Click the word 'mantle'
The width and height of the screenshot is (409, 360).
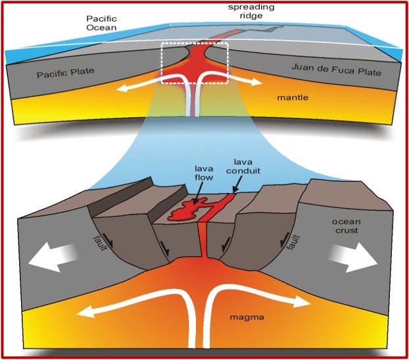(293, 98)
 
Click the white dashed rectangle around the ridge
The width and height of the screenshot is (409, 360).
(195, 43)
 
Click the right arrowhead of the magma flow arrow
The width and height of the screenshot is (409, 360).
(304, 303)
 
